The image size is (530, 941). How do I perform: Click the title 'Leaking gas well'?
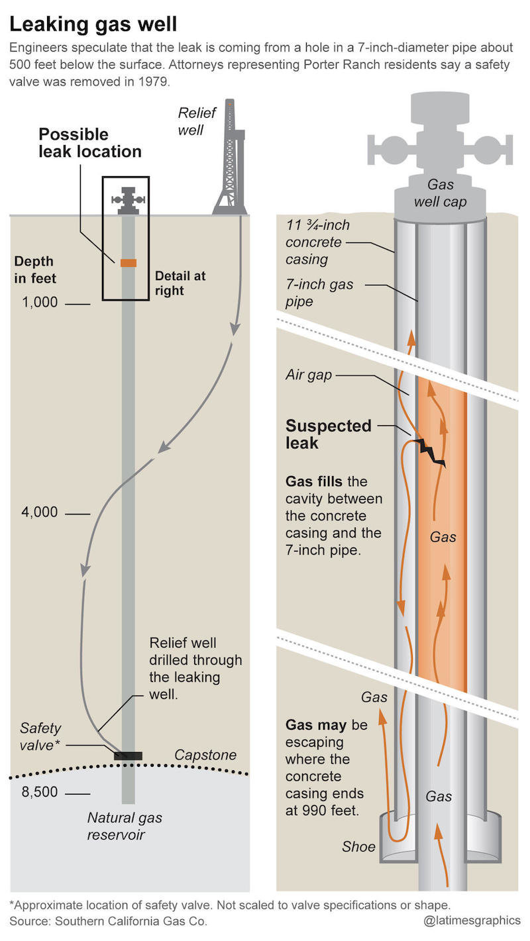click(93, 25)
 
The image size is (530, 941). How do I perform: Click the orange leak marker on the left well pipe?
click(128, 263)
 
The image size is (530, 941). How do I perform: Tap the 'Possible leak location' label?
click(90, 143)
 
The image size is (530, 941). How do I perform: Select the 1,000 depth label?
click(40, 303)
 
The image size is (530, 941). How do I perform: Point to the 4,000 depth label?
click(40, 512)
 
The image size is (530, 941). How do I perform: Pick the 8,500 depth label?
click(40, 792)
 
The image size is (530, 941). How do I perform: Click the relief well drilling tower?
click(230, 157)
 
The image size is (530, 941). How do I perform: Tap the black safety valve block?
click(128, 756)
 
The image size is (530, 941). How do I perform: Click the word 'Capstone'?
click(205, 755)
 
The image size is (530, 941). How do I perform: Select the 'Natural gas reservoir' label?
click(125, 826)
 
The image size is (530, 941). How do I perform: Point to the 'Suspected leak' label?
click(328, 434)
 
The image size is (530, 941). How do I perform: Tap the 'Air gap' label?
click(309, 375)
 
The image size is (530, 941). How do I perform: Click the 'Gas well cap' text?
click(440, 193)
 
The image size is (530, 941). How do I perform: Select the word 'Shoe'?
click(358, 846)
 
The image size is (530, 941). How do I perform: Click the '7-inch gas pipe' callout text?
click(319, 293)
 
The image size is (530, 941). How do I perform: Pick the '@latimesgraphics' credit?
click(472, 920)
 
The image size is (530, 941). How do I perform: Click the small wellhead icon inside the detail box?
click(128, 201)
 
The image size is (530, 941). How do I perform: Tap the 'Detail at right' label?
click(180, 283)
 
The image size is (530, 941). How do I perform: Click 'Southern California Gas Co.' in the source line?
click(131, 921)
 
